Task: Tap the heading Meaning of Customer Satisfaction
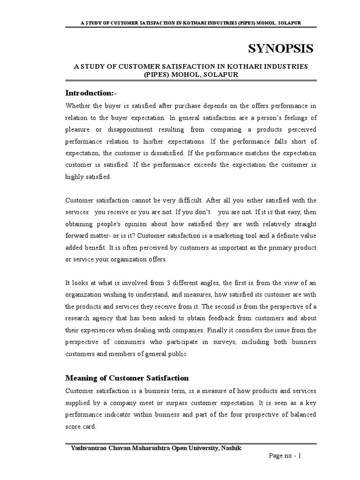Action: coord(127,378)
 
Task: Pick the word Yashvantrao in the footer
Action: coord(90,449)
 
